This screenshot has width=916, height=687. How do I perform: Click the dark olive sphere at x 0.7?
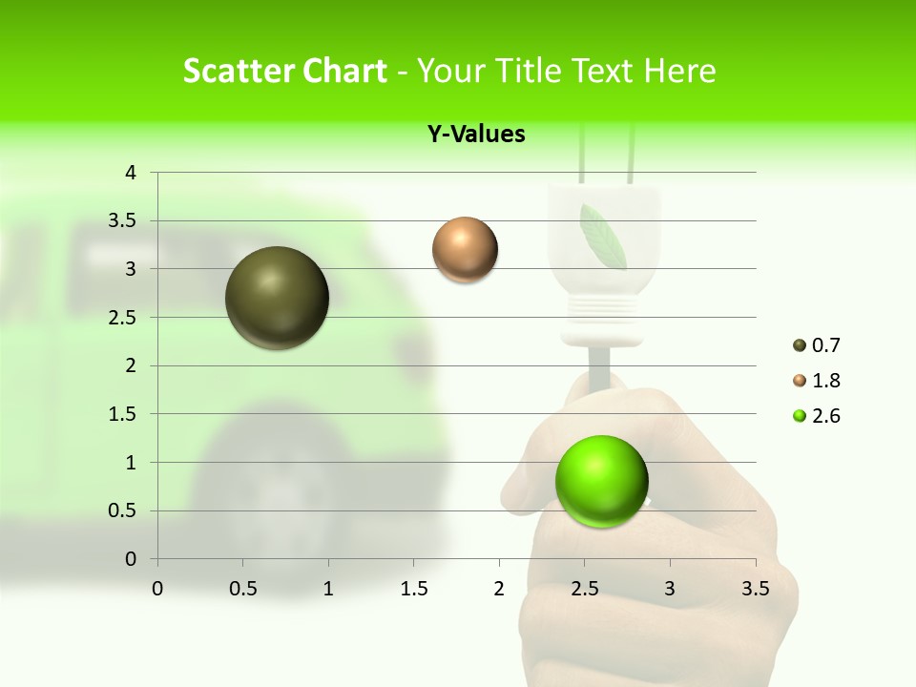[277, 298]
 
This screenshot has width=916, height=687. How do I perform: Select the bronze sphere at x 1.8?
[465, 250]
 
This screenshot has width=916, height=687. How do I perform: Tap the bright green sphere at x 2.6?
[601, 480]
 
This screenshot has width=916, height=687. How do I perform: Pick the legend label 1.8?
[826, 381]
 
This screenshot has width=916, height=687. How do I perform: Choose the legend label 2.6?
[826, 416]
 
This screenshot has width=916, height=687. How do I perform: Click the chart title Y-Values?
[476, 135]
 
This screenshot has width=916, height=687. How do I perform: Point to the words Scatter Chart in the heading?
[284, 71]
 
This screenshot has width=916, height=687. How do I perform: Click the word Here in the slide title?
[679, 71]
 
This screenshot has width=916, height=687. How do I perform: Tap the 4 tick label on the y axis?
[131, 173]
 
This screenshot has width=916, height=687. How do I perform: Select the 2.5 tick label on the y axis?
[123, 318]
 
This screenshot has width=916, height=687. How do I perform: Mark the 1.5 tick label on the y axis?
[123, 414]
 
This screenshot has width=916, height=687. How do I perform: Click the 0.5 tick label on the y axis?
[123, 510]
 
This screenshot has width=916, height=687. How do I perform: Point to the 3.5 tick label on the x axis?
[755, 589]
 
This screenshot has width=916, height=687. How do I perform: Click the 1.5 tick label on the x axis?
[413, 589]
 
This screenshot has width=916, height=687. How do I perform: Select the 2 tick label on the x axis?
[499, 589]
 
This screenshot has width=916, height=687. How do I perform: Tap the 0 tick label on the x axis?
[157, 589]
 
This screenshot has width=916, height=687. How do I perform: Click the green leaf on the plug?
[603, 236]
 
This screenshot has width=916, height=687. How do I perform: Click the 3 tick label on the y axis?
[131, 269]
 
